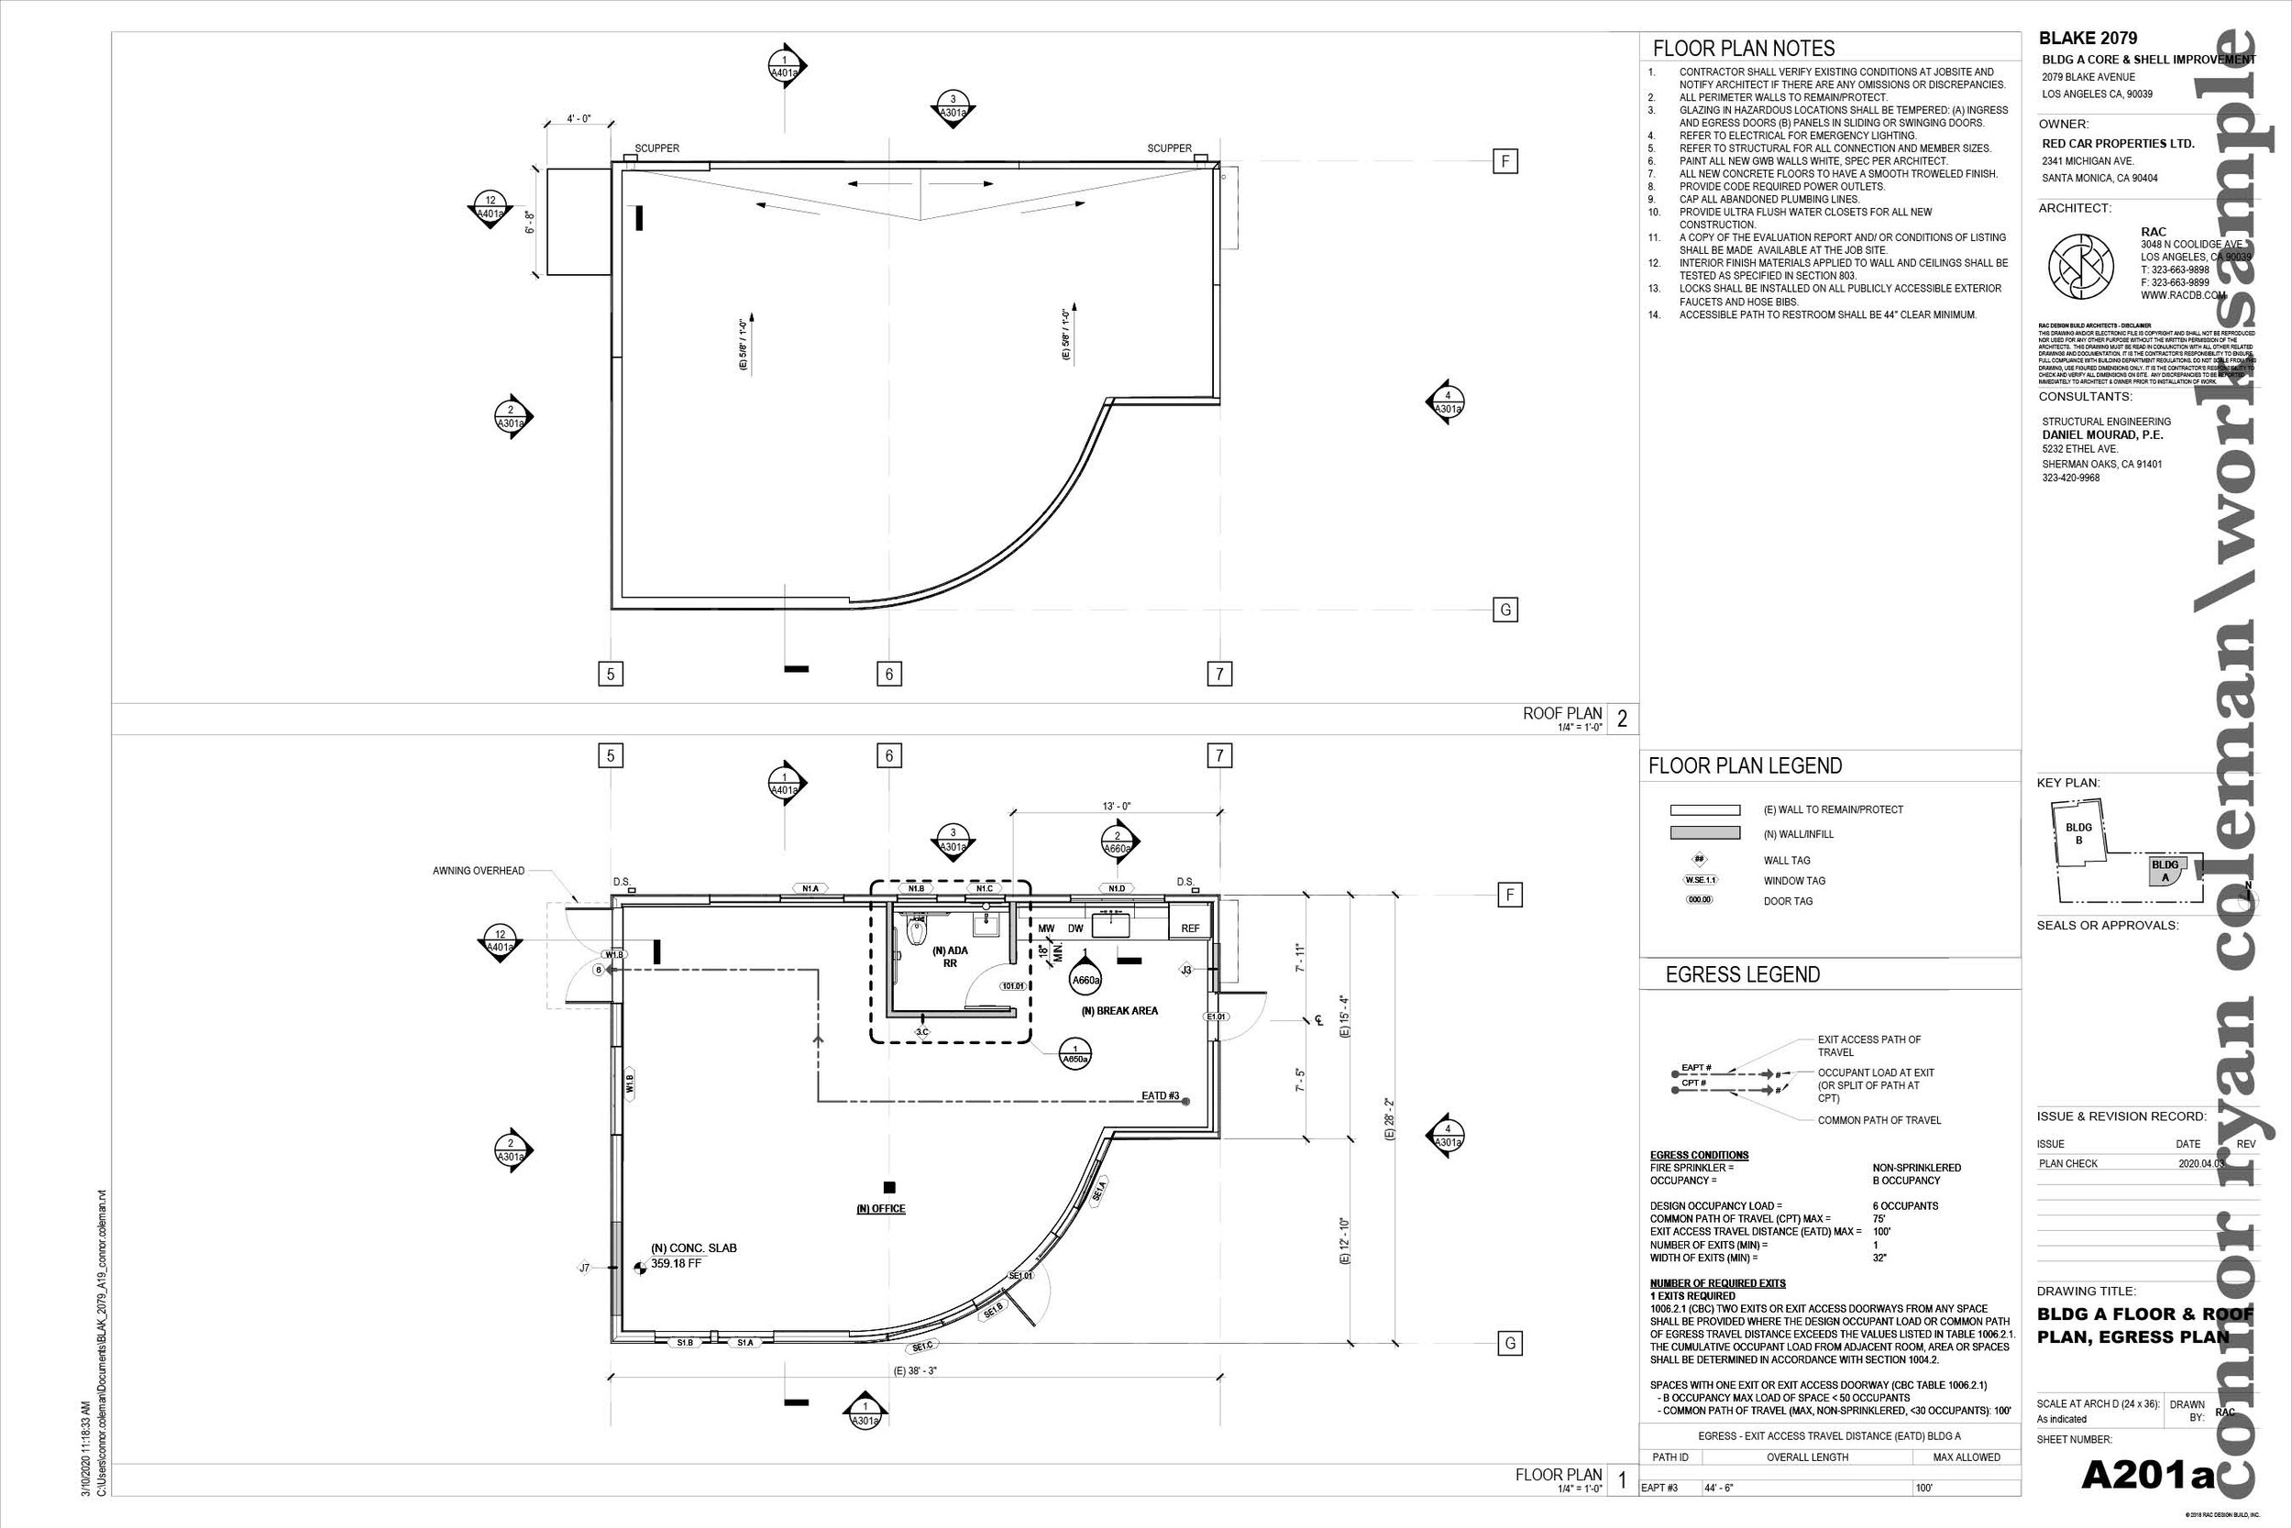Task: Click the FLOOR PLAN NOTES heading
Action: pos(1744,49)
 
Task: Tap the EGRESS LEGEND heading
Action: pos(1743,974)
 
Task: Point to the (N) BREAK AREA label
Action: pos(1118,1010)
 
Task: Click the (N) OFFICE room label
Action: pos(881,1208)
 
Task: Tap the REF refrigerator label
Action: pos(1190,929)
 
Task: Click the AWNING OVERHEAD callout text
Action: pos(479,871)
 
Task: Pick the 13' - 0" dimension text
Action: pos(1116,806)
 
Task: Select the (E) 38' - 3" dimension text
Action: pos(914,1370)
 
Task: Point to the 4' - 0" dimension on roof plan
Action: pos(579,119)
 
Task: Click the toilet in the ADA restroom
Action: pos(916,933)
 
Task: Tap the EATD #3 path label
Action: pos(1161,1096)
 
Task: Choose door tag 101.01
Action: pos(1012,985)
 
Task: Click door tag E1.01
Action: pos(1217,1017)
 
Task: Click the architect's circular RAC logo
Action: pos(2080,266)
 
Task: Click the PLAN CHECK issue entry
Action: pos(2068,1163)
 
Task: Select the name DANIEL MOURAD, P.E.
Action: pos(2102,434)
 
